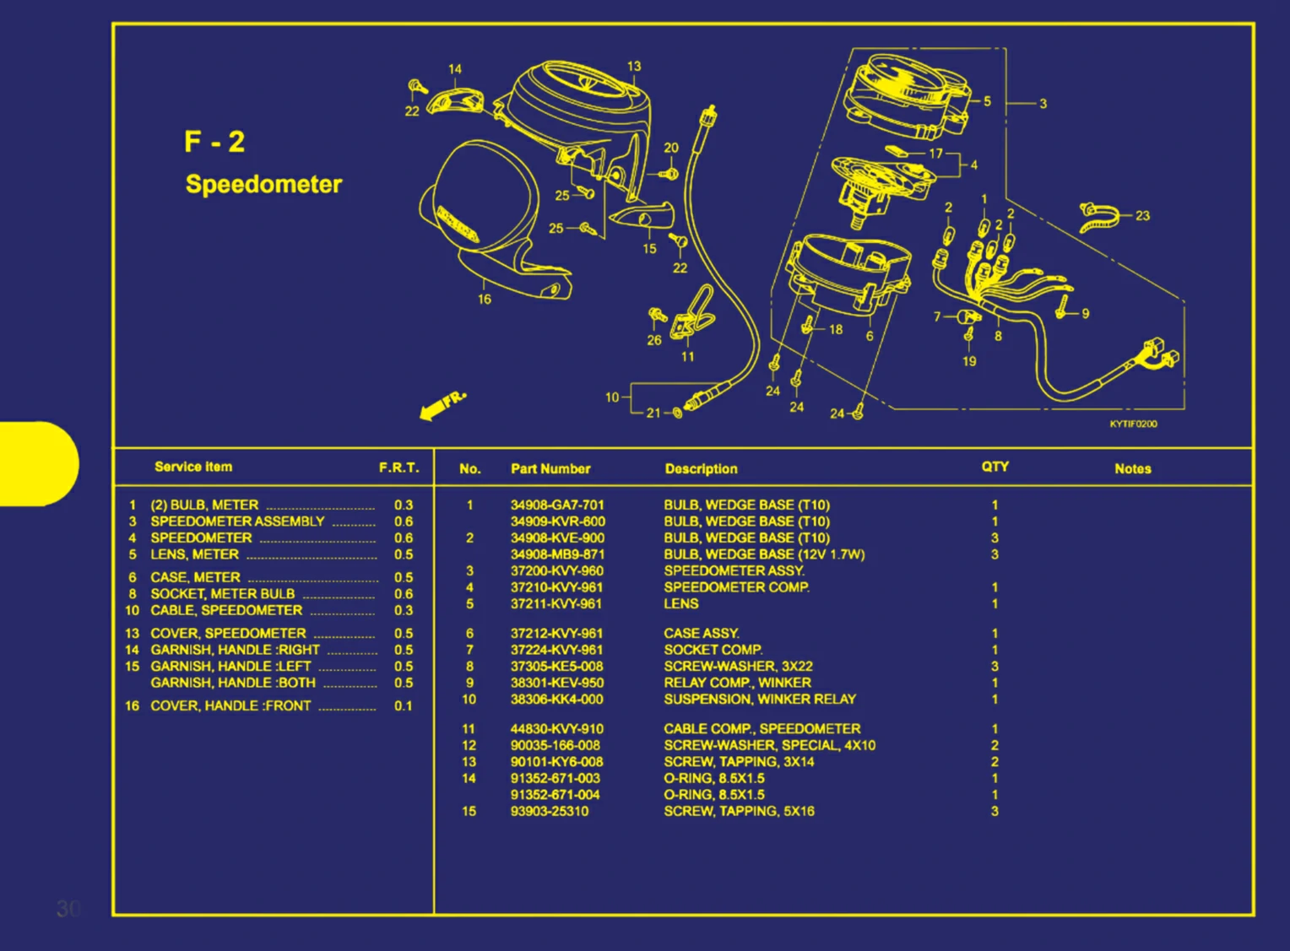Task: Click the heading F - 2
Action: click(214, 141)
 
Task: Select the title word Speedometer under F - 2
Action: click(263, 184)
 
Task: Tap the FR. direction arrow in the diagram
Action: click(442, 405)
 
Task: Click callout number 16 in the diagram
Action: click(485, 300)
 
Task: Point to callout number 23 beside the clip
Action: click(1142, 216)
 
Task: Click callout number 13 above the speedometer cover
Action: click(634, 66)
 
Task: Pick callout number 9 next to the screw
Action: click(1085, 314)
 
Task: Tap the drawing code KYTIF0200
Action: click(1133, 424)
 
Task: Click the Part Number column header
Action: click(550, 469)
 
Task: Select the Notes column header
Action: click(1132, 469)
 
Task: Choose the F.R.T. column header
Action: click(398, 467)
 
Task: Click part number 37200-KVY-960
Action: click(556, 571)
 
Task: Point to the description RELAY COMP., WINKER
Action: click(737, 683)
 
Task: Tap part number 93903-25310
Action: click(550, 811)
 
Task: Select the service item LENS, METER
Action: click(194, 554)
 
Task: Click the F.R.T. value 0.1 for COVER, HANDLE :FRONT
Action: click(404, 706)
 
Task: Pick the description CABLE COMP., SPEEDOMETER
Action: click(762, 729)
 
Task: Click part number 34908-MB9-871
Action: click(557, 554)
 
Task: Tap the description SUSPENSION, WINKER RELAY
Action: click(759, 700)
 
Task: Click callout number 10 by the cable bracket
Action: click(612, 397)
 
